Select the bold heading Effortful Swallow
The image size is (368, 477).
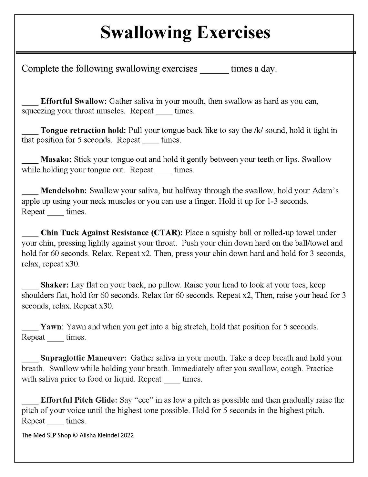click(x=74, y=101)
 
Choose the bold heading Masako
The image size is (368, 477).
click(x=56, y=159)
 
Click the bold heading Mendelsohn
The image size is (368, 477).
click(x=64, y=191)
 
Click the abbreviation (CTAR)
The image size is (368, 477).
click(x=166, y=233)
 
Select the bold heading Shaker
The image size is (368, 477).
click(x=55, y=285)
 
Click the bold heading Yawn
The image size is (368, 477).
click(x=51, y=327)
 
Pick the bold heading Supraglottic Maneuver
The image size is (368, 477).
click(x=83, y=358)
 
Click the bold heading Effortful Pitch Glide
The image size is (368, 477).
click(x=79, y=400)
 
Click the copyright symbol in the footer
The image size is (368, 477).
click(x=75, y=435)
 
